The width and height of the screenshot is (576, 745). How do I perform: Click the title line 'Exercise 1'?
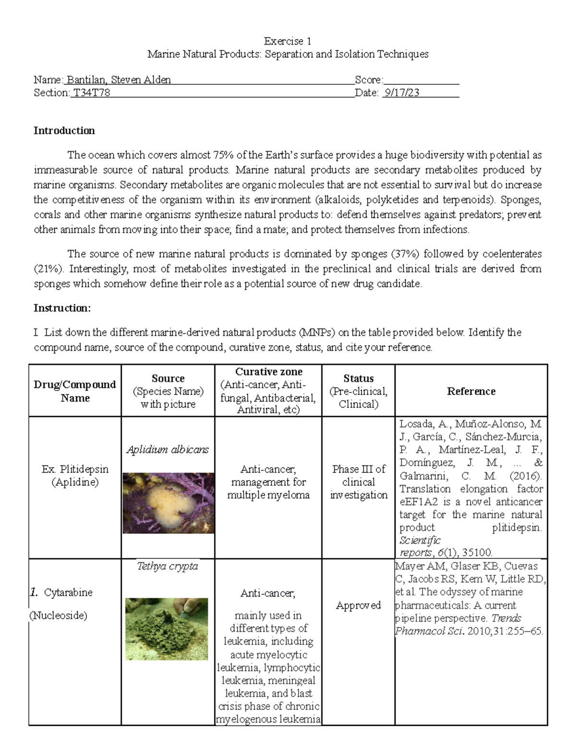(288, 41)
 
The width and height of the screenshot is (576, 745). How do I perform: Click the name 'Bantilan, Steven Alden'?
(119, 80)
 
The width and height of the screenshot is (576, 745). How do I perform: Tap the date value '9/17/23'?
(401, 93)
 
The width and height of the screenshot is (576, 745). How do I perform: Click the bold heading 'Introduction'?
(64, 130)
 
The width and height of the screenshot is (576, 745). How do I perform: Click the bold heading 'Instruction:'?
(62, 308)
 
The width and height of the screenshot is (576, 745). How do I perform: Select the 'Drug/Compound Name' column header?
(75, 391)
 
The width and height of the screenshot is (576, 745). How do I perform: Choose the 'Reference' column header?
(471, 391)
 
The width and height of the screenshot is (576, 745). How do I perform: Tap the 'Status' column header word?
(358, 378)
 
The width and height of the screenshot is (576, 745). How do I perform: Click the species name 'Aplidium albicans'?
(168, 449)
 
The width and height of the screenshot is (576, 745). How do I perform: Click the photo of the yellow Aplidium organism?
(168, 503)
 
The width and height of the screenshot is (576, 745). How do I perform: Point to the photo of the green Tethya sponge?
(167, 628)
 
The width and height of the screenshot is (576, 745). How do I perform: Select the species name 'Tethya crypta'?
(168, 566)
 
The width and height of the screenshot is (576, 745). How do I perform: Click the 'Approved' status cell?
(358, 605)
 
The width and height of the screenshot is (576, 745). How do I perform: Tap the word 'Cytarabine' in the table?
(68, 592)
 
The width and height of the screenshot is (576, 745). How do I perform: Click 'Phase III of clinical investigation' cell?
(358, 482)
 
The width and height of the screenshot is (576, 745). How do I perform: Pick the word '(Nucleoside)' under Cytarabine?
(59, 615)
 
